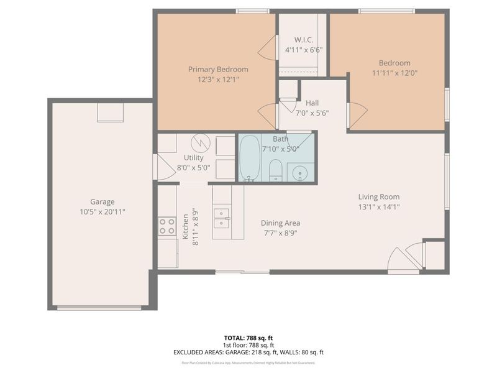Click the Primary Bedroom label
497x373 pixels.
tap(218, 69)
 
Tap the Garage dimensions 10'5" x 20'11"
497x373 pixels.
tap(103, 211)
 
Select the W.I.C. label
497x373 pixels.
tap(303, 39)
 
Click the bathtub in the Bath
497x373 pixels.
tap(250, 158)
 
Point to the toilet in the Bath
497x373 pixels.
tap(276, 170)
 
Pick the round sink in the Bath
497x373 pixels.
tap(301, 172)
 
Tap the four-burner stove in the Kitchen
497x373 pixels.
tap(166, 226)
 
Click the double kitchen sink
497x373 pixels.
tap(222, 219)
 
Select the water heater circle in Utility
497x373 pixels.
tap(200, 143)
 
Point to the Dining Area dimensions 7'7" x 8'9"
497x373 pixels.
tap(281, 233)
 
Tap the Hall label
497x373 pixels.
tap(312, 103)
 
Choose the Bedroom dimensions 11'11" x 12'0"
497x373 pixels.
tap(394, 73)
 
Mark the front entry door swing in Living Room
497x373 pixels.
tap(403, 262)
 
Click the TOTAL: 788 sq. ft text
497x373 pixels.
tap(248, 338)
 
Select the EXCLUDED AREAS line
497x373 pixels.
tap(248, 352)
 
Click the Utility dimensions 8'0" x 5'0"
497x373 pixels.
tap(193, 167)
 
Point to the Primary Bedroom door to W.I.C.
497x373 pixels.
tap(269, 47)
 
